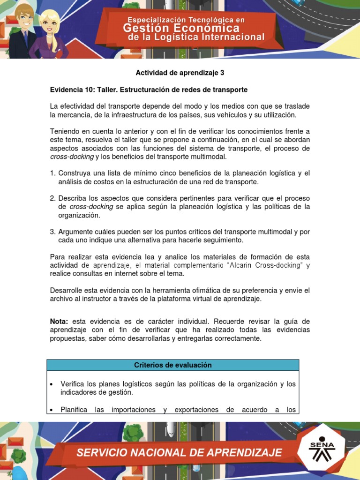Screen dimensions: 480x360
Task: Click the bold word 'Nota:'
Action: click(60, 321)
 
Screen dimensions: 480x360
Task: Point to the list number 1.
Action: click(52, 173)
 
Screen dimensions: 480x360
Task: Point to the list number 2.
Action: click(52, 198)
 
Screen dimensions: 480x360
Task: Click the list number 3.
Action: click(52, 232)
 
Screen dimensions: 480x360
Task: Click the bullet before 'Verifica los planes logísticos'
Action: click(51, 384)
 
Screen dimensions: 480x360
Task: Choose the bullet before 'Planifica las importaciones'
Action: click(51, 410)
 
